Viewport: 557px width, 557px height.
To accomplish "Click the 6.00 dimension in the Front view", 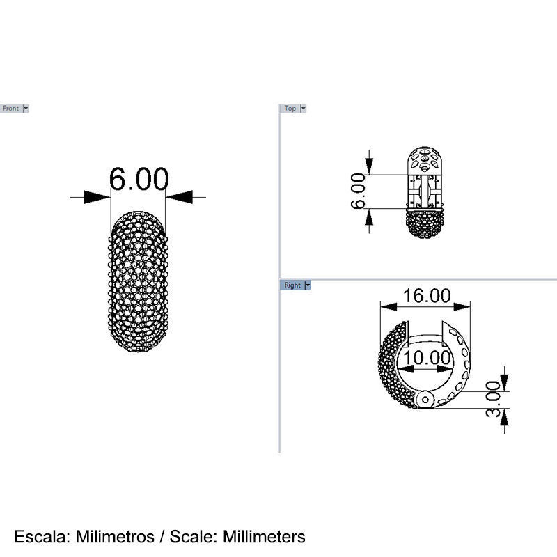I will (139, 180).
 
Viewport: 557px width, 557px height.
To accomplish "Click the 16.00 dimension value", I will (427, 295).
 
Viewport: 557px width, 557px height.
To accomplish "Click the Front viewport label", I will (11, 109).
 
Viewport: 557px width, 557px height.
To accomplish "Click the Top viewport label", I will (290, 109).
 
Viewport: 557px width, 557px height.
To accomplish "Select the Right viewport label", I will (292, 285).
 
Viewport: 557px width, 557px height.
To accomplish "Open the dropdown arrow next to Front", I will (26, 109).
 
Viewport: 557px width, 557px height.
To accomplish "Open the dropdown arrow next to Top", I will (303, 109).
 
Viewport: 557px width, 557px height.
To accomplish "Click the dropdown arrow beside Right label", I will (308, 285).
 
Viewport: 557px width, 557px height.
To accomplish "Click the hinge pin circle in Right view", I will (426, 399).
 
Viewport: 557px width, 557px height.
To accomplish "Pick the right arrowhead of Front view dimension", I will (180, 198).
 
